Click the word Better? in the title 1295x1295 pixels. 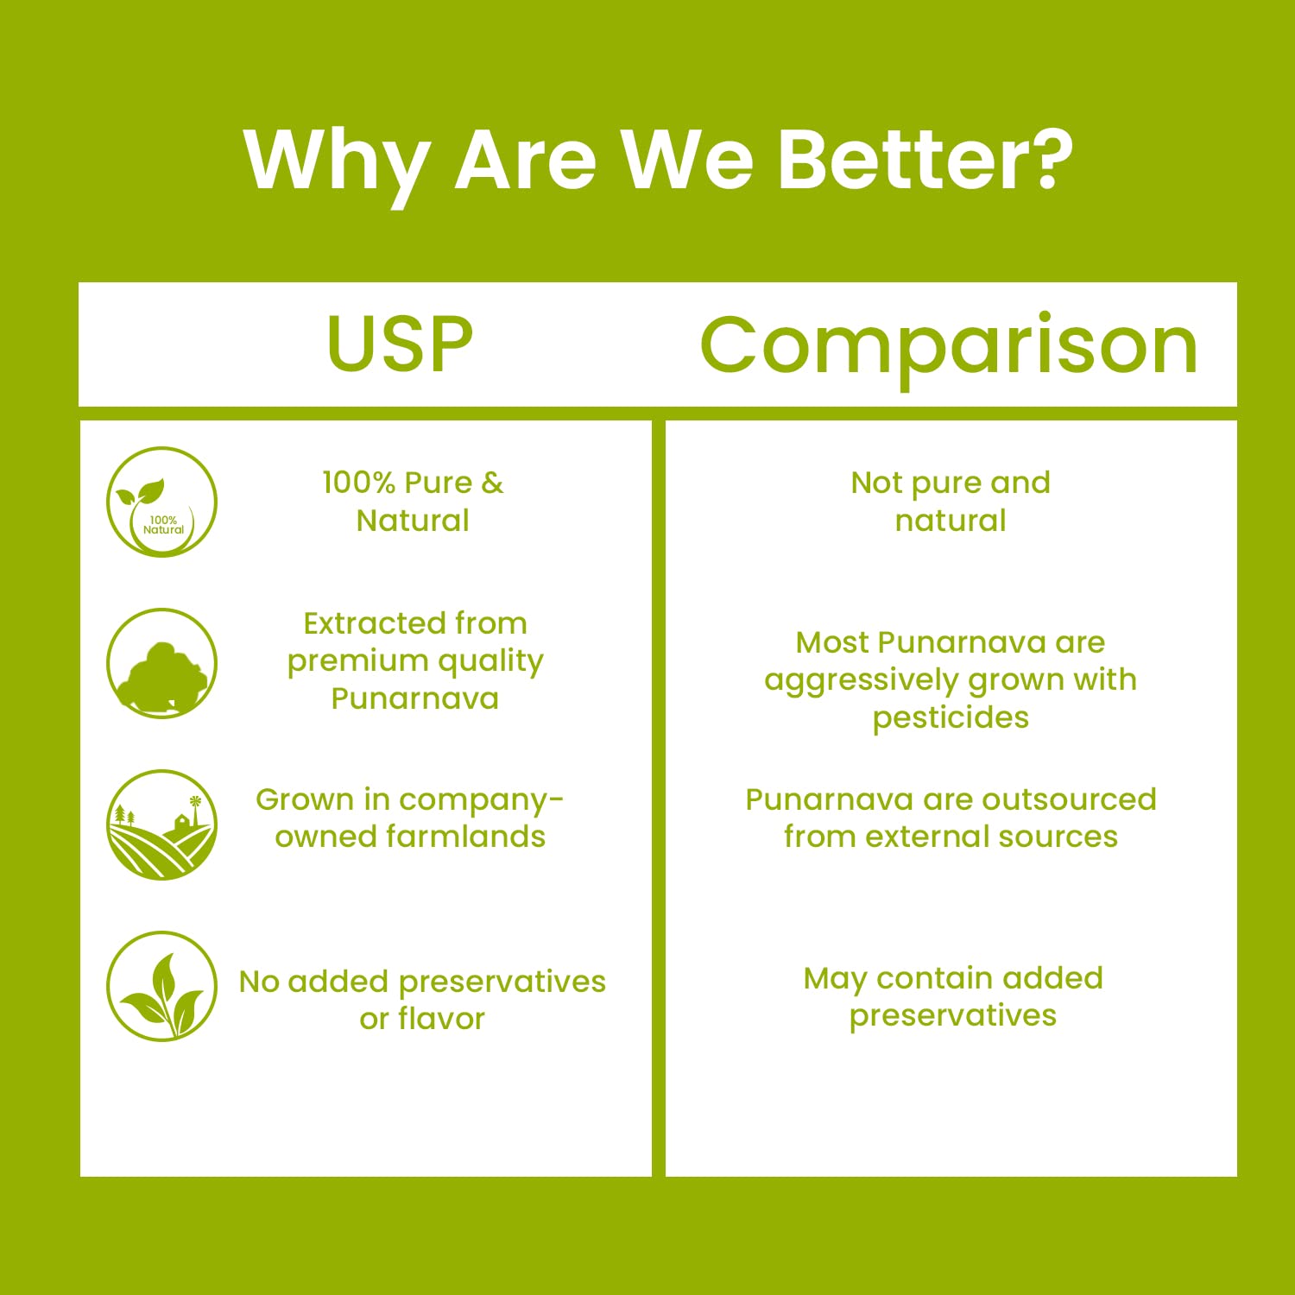pyautogui.click(x=925, y=160)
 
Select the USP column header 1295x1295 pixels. pyautogui.click(x=400, y=344)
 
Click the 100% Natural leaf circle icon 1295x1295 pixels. pyautogui.click(x=161, y=502)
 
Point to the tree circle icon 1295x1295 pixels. pyautogui.click(x=161, y=663)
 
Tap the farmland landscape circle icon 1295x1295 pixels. pyautogui.click(x=161, y=824)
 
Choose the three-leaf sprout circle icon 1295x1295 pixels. pyautogui.click(x=161, y=986)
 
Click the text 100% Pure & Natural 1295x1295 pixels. pyautogui.click(x=413, y=502)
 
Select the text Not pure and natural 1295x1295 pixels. pyautogui.click(x=951, y=502)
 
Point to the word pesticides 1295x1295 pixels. pyautogui.click(x=951, y=718)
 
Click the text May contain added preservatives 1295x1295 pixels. pyautogui.click(x=953, y=997)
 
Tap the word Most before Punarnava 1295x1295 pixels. pyautogui.click(x=832, y=642)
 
